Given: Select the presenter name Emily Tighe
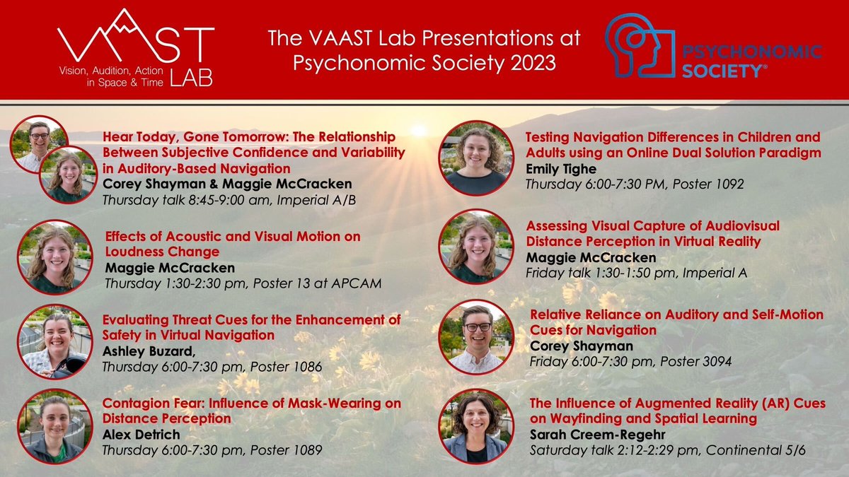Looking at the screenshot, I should (560, 169).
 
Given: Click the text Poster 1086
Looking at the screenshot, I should (290, 367).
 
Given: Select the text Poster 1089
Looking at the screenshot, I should (290, 450).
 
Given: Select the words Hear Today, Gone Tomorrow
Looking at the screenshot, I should (187, 136).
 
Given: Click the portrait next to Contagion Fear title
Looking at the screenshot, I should (54, 426).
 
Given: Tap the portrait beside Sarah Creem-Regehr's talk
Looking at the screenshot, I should (476, 426).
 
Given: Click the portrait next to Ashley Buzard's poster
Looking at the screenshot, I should (54, 342).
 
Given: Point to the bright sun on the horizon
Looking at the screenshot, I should (419, 130).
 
